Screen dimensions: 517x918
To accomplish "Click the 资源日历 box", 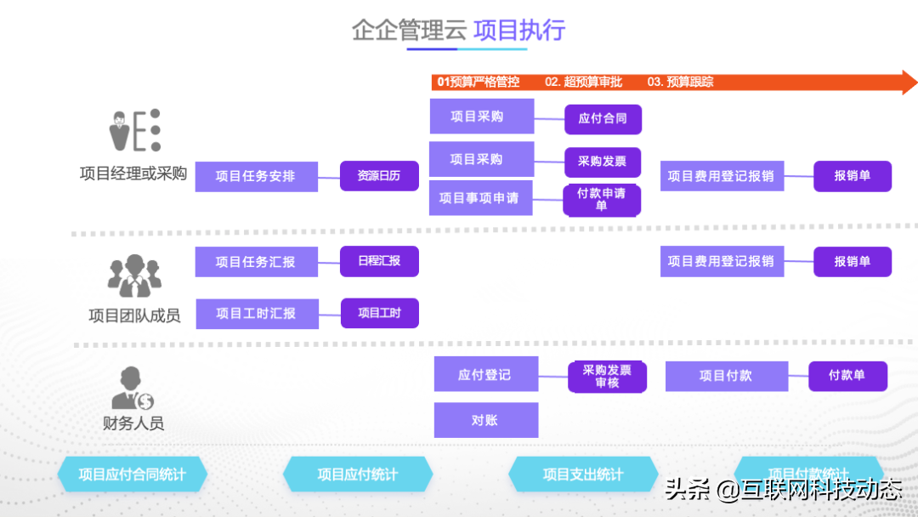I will tap(379, 176).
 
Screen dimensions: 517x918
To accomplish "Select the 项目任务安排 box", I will tap(256, 177).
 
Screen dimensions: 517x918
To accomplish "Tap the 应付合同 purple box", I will tap(603, 119).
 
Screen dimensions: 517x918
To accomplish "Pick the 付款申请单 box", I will tap(602, 200).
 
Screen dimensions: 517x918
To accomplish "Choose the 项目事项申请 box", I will tap(480, 198).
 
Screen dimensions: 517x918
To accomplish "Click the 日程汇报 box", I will tap(379, 261).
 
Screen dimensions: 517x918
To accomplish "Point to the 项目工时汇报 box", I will tap(257, 313).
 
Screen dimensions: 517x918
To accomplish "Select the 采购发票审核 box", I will tap(607, 377).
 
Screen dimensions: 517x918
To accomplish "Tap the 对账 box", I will tap(485, 420).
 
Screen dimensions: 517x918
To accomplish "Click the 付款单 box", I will tap(847, 376).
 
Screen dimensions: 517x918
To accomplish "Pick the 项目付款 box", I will tap(726, 376).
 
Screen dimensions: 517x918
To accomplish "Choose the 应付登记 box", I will tap(485, 374).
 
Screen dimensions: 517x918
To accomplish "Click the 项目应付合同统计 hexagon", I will tap(133, 474).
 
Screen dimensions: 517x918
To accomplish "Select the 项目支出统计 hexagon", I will tap(583, 474).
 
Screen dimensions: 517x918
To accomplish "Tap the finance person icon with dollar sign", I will tap(132, 389).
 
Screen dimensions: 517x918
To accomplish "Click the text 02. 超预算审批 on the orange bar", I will tap(584, 82).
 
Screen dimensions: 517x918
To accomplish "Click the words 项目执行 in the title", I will tap(519, 31).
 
